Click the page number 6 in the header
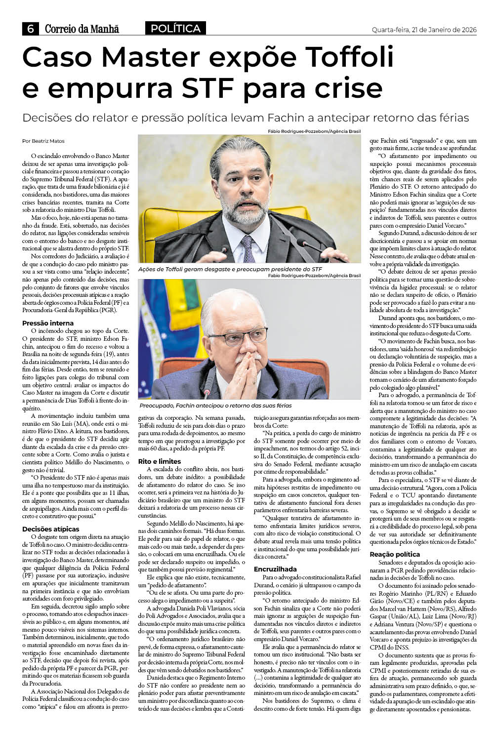click(x=30, y=29)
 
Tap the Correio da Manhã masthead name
click(x=82, y=29)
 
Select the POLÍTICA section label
click(x=176, y=29)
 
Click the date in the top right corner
click(x=424, y=30)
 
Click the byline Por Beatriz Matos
click(x=43, y=141)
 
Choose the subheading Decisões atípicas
click(x=51, y=529)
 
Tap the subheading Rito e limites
click(x=160, y=461)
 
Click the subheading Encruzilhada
click(x=275, y=569)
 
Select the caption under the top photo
click(x=230, y=269)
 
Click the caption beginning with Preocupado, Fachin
click(x=215, y=406)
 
